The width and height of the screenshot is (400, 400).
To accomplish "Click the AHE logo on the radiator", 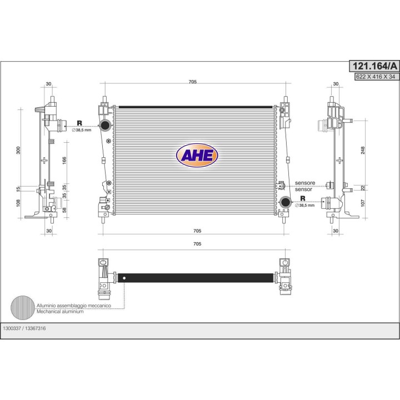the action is coord(197,155).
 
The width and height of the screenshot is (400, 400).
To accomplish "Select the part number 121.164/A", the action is coord(374,66).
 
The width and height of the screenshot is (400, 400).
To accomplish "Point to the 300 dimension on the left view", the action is coord(18,150).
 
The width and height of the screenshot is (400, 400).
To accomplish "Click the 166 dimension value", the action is coord(64,160).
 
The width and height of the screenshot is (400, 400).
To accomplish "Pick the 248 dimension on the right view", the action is coord(363,150).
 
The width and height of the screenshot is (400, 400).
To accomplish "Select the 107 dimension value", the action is coord(363,203).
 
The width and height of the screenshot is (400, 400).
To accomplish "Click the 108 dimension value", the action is coord(18,203).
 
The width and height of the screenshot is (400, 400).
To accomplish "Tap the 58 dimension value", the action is coord(64,210).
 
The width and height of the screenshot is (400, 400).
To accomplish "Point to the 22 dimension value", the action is coord(363,188).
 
